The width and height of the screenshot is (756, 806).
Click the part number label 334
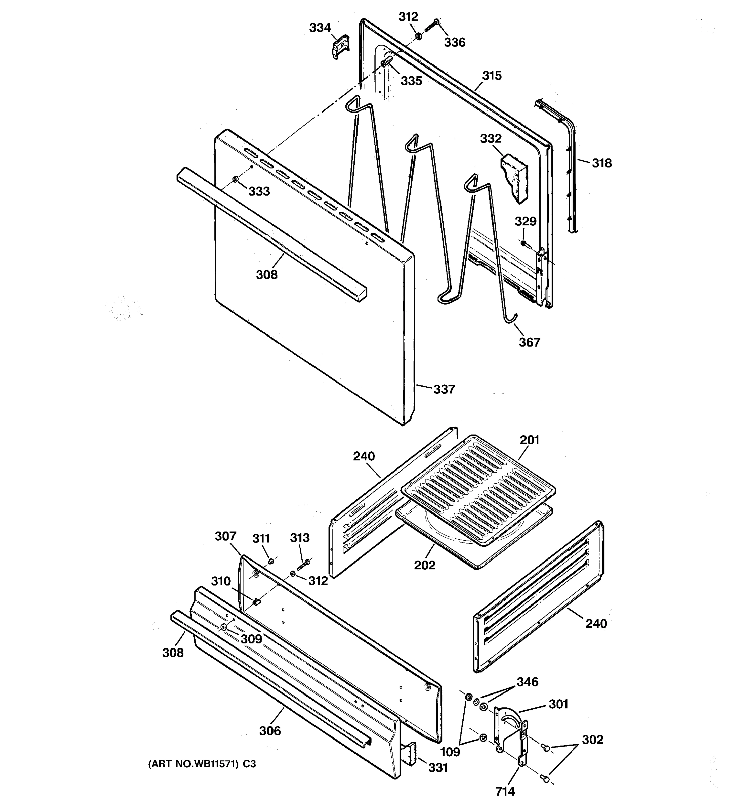(320, 28)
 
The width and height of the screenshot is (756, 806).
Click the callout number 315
(492, 76)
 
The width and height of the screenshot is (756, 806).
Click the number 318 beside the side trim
(601, 163)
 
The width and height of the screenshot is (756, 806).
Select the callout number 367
(529, 342)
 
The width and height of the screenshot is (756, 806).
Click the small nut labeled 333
(235, 179)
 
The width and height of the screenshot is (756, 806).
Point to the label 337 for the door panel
(444, 389)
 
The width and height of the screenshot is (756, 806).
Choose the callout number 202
(425, 565)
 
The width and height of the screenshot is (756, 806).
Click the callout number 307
(225, 536)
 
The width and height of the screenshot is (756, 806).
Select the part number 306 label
(270, 731)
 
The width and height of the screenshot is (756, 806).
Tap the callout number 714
(505, 791)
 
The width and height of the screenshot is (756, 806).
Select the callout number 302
(593, 740)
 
